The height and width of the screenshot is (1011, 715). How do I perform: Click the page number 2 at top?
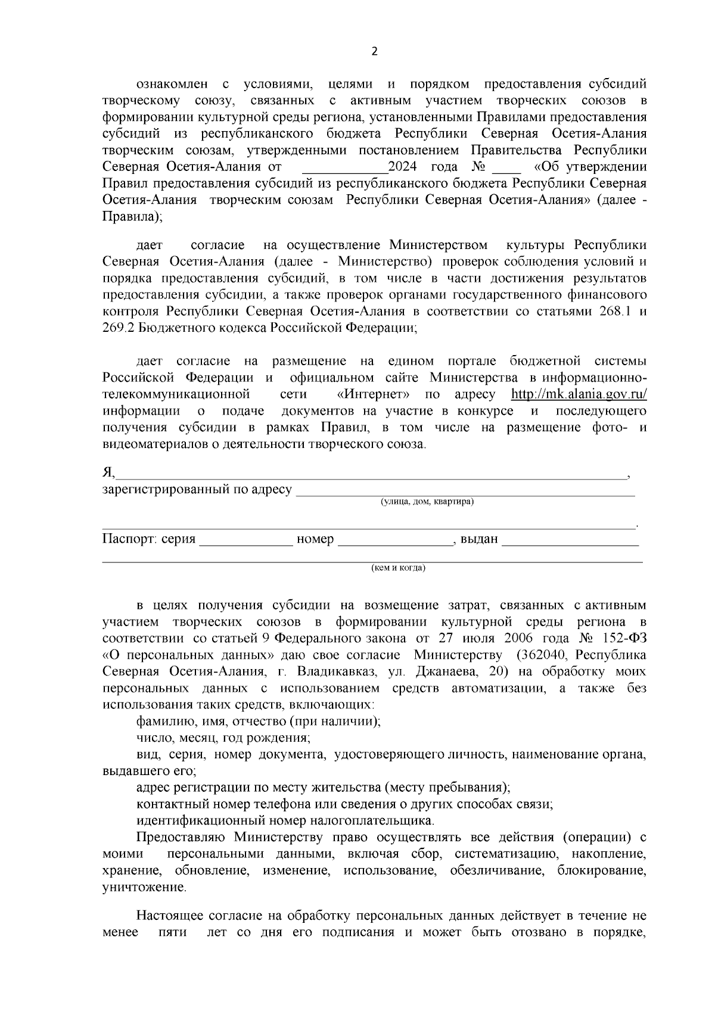point(374,52)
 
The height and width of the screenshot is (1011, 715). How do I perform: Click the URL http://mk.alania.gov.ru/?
point(579,394)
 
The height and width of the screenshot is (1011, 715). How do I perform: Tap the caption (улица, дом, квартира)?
point(427,502)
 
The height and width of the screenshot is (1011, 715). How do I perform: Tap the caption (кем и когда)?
point(398,568)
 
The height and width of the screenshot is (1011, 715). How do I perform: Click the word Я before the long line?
point(107,472)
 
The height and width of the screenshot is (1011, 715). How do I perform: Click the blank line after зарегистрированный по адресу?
point(465,491)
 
